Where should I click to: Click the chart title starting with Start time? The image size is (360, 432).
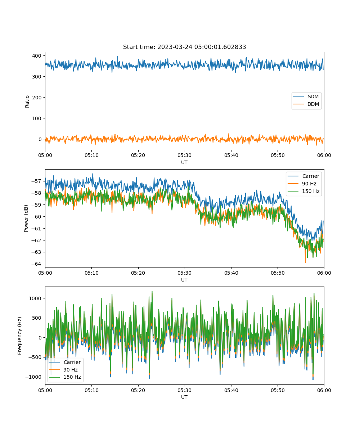pos(184,47)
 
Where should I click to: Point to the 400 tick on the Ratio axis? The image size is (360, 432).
pos(37,56)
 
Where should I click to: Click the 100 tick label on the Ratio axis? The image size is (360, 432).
pos(37,118)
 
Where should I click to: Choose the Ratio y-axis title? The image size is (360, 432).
pos(27,102)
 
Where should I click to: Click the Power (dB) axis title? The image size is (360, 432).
pos(26,218)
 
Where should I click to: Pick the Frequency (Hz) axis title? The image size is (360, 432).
pos(20,336)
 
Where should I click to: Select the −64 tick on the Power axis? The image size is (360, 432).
pos(36,264)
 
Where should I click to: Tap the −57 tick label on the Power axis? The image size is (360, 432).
pos(36,181)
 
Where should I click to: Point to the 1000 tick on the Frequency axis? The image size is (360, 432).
pos(35,298)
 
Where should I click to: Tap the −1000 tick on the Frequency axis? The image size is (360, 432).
pos(33,377)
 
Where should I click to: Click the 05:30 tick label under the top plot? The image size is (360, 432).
pos(185,155)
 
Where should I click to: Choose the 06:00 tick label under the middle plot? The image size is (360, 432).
pos(324,273)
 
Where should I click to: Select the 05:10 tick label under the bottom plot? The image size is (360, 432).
pos(92,390)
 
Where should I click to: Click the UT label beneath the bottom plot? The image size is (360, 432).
pos(184,397)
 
